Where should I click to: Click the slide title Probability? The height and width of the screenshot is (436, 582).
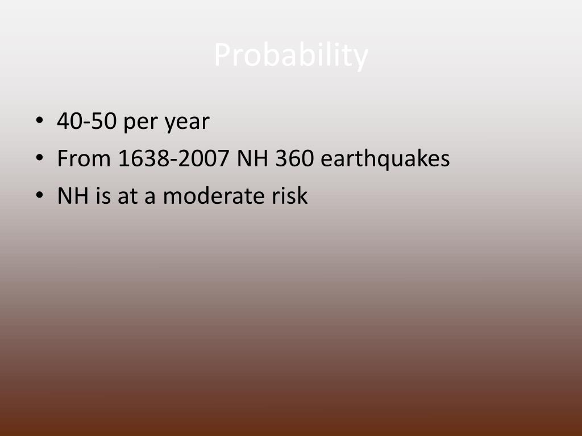click(x=291, y=56)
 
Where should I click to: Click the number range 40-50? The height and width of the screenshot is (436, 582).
click(x=86, y=121)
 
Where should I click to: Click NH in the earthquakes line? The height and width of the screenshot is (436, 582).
click(x=252, y=159)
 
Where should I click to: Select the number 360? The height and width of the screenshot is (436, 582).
click(x=294, y=159)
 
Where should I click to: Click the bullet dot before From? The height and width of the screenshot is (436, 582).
click(x=39, y=160)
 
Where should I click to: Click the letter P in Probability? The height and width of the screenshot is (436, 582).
click(x=222, y=56)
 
